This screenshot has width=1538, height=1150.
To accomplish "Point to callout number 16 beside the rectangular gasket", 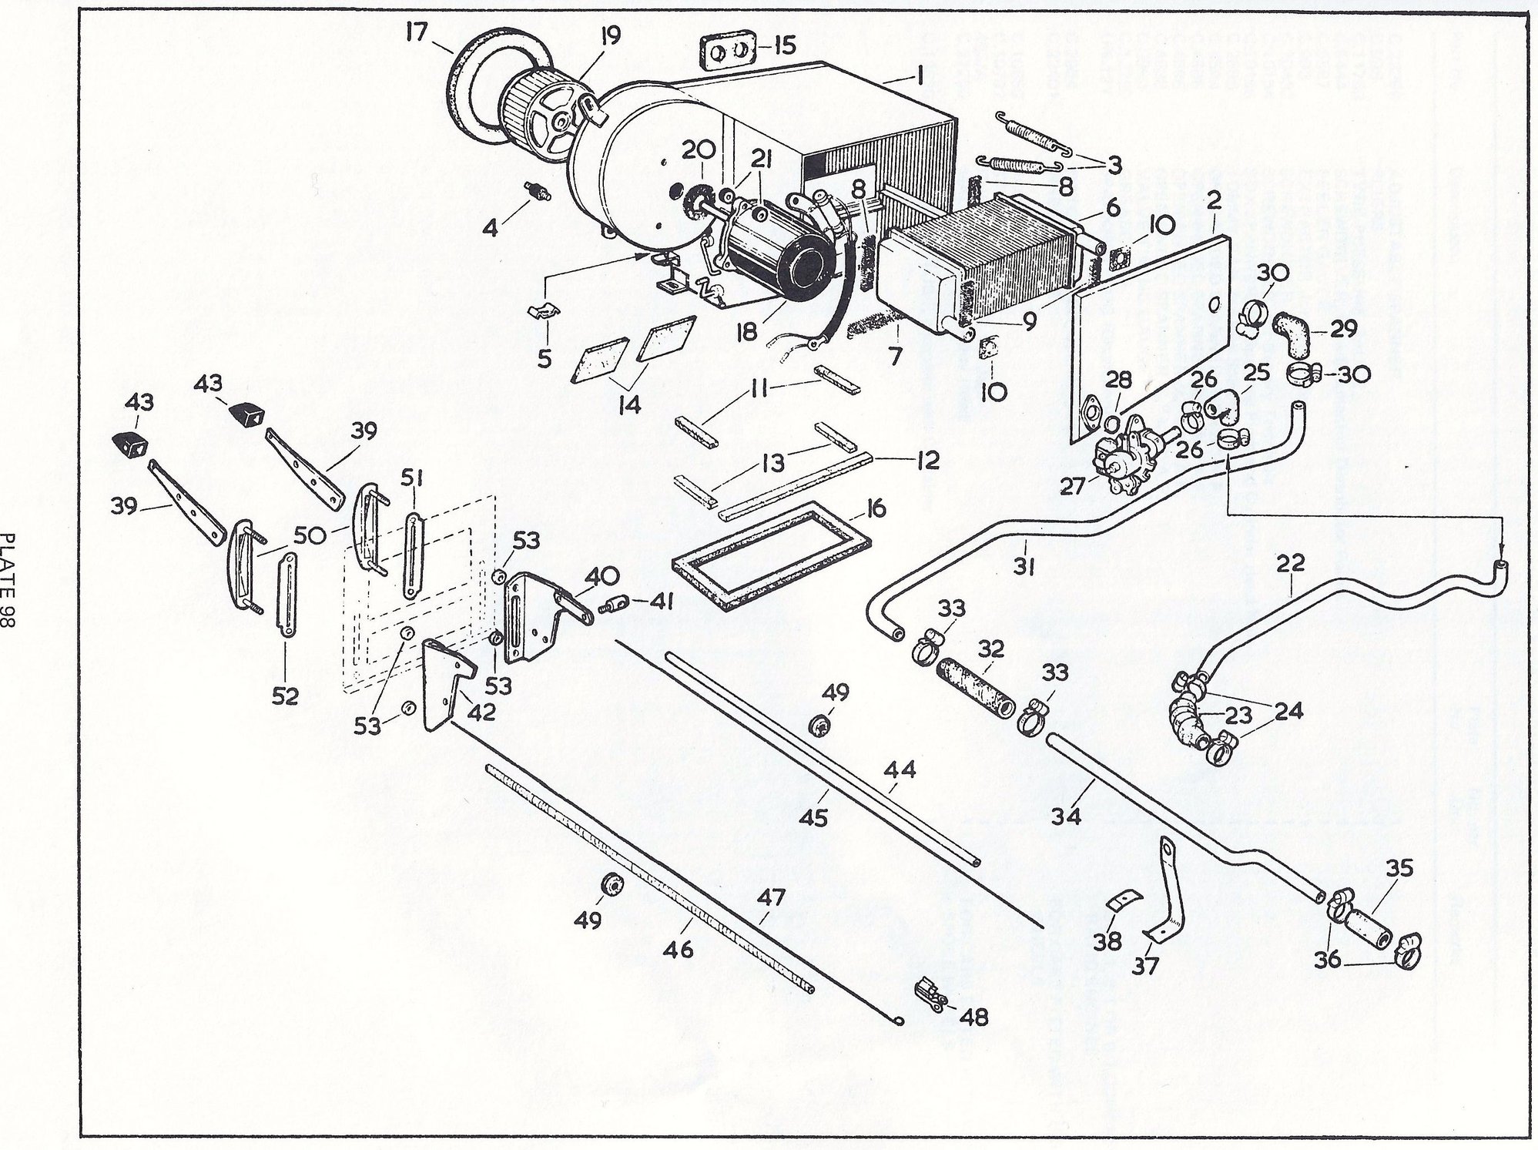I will point(875,509).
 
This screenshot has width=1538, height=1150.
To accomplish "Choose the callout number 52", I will point(285,696).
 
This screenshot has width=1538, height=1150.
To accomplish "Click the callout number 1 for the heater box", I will point(919,75).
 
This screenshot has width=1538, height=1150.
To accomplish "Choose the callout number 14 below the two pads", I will point(629,403).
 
